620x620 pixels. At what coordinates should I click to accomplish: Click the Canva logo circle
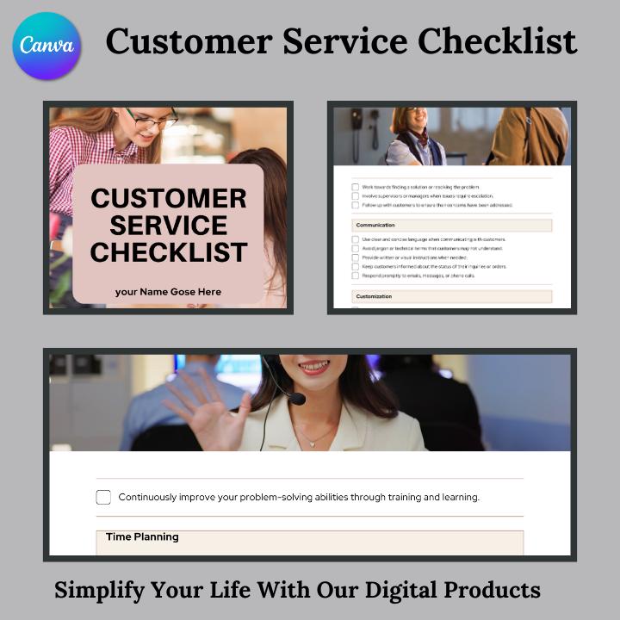(x=47, y=46)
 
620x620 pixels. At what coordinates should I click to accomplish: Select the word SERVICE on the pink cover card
(x=169, y=226)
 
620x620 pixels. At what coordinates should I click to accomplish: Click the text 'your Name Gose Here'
(x=168, y=292)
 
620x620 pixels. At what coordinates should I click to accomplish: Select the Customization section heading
(x=374, y=296)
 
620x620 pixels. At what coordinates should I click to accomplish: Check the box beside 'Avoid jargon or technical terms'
(x=355, y=248)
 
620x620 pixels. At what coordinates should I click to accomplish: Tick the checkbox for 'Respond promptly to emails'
(x=355, y=276)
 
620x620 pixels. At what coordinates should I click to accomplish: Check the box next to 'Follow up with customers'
(x=355, y=206)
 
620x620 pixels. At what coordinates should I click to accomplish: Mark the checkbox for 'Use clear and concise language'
(x=355, y=239)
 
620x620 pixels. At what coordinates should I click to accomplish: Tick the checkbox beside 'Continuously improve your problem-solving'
(x=103, y=497)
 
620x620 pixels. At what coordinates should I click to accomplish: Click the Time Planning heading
(x=142, y=536)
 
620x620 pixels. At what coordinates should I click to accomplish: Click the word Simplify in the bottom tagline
(x=98, y=591)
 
